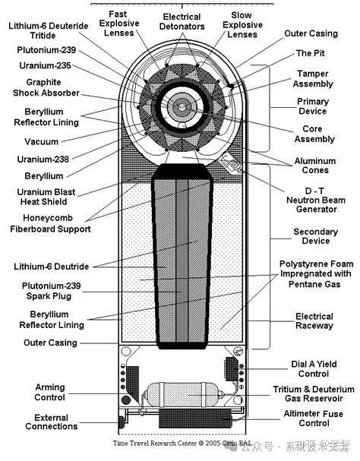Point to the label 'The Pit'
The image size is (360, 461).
click(310, 53)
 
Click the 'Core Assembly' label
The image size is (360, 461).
click(312, 134)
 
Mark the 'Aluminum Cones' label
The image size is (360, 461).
click(312, 168)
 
